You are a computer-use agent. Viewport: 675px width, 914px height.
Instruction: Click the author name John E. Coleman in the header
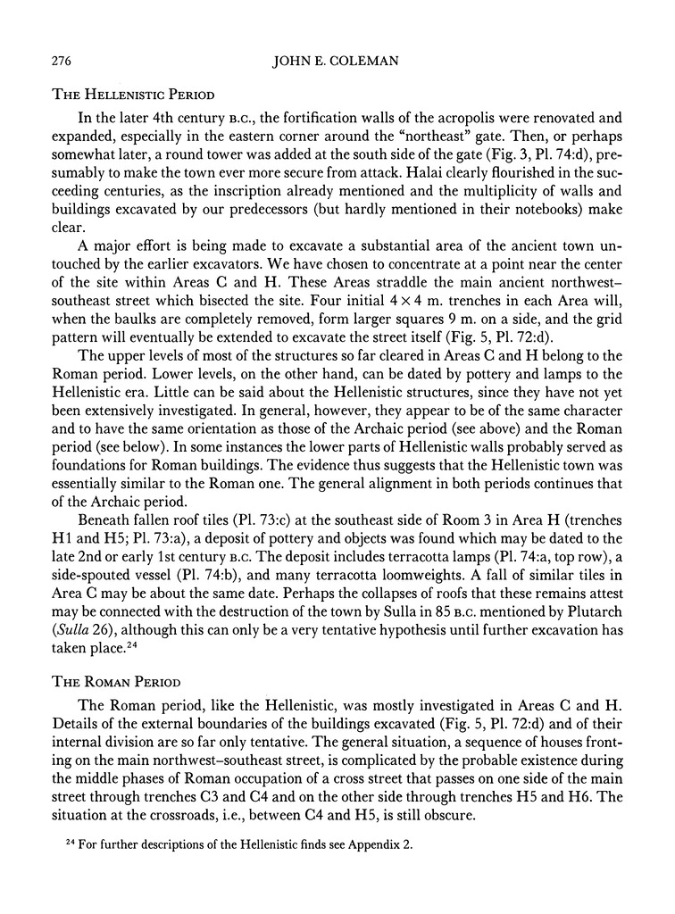(337, 61)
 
